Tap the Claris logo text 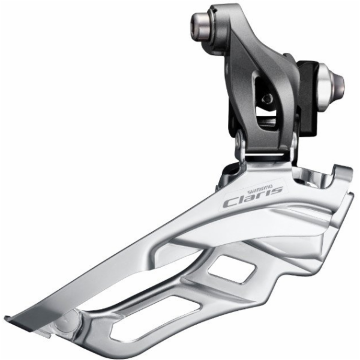tap(253, 198)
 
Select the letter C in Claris tap(232, 203)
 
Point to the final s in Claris tap(277, 191)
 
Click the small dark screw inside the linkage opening tap(266, 99)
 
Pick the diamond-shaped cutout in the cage tap(232, 269)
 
